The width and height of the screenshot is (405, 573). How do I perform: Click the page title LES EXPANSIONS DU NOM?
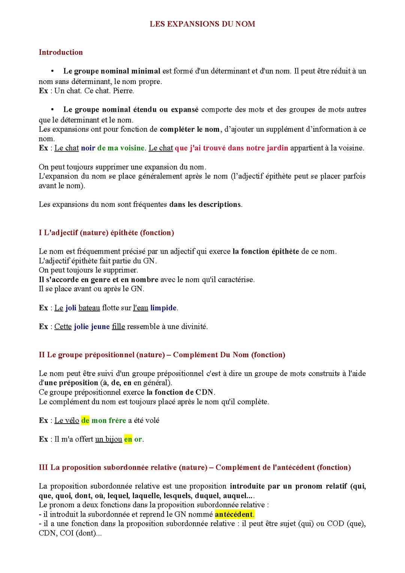tap(202, 24)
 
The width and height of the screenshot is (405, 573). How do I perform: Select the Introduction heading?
tap(61, 52)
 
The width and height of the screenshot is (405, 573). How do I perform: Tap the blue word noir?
tap(88, 148)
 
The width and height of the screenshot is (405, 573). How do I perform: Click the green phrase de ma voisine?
tap(121, 148)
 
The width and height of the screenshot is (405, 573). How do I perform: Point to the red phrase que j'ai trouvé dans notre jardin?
tap(231, 148)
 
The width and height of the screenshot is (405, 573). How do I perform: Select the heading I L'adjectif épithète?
tap(106, 233)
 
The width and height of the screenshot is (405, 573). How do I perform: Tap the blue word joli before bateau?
tap(71, 308)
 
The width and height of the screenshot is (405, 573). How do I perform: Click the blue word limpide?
tap(163, 308)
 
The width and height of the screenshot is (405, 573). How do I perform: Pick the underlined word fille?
tap(118, 326)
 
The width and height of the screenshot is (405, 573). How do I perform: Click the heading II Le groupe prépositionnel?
tap(162, 355)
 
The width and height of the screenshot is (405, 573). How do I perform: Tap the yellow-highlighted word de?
tap(85, 420)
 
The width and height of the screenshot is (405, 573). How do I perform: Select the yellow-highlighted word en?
tap(128, 439)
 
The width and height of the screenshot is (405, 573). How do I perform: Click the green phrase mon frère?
tap(109, 420)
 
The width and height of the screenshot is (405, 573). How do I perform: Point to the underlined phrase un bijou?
tap(108, 439)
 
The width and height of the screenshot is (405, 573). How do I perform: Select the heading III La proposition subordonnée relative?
tap(195, 467)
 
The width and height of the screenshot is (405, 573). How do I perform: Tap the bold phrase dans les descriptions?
tap(205, 205)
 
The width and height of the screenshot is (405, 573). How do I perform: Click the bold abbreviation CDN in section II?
tap(204, 392)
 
